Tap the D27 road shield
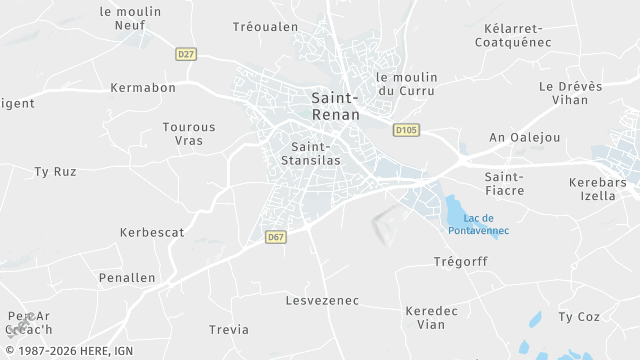pos(185,54)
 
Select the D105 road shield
pos(405,129)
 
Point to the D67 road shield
pos(276,237)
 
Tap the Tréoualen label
pos(265,27)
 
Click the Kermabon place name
pos(143,88)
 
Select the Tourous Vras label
pos(189,134)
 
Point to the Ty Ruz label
pos(55,172)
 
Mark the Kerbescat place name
pos(152,232)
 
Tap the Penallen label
pos(127,277)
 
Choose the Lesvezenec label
pos(322,300)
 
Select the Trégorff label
pos(459,263)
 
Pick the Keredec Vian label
pos(432,317)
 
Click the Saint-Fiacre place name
pos(504,183)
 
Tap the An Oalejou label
pos(524,137)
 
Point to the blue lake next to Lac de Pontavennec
pos(455,212)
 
